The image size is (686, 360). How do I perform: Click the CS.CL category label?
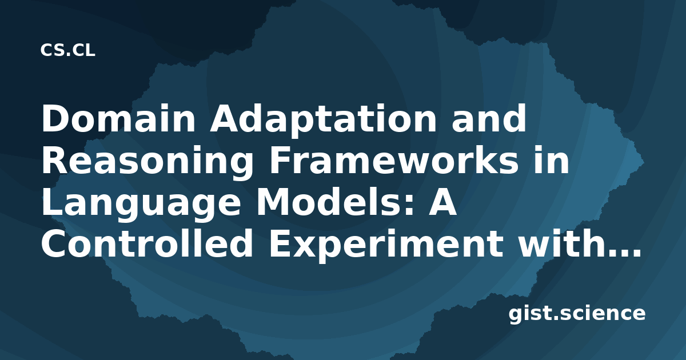point(67,50)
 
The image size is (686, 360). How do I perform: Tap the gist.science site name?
point(577,314)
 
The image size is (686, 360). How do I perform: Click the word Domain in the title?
point(118,118)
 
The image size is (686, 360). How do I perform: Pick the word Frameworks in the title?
point(393,159)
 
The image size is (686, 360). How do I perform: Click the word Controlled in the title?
point(147,243)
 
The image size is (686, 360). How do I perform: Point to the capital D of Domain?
point(55,118)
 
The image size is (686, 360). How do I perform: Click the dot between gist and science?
point(556,318)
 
